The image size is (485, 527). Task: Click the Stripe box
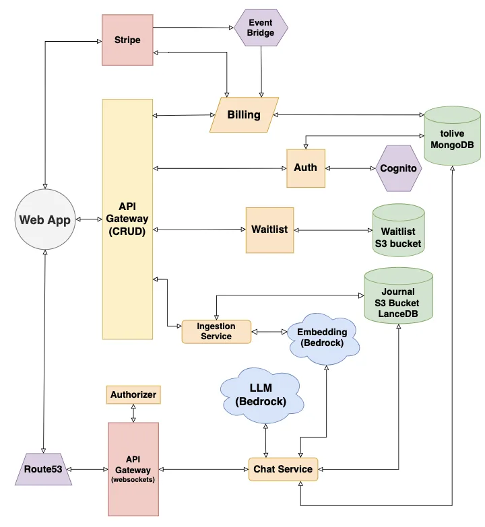pyautogui.click(x=127, y=40)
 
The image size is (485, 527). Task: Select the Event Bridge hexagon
pyautogui.click(x=260, y=28)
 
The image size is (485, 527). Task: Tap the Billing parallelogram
pyautogui.click(x=244, y=115)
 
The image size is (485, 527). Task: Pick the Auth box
pyautogui.click(x=305, y=168)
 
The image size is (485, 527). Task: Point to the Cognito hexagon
pyautogui.click(x=398, y=168)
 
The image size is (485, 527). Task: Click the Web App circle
pyautogui.click(x=44, y=220)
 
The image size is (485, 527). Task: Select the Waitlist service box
pyautogui.click(x=269, y=230)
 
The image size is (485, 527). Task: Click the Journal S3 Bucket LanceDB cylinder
pyautogui.click(x=398, y=296)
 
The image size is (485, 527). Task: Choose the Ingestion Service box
pyautogui.click(x=216, y=332)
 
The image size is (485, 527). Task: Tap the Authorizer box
pyautogui.click(x=133, y=395)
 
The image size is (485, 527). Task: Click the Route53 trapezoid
pyautogui.click(x=42, y=469)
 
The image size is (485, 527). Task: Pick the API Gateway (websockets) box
pyautogui.click(x=133, y=468)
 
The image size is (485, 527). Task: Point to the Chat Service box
pyautogui.click(x=283, y=469)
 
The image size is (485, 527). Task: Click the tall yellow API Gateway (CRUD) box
pyautogui.click(x=127, y=219)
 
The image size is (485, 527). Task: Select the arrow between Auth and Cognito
pyautogui.click(x=350, y=168)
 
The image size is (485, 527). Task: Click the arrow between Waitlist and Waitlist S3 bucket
pyautogui.click(x=333, y=230)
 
